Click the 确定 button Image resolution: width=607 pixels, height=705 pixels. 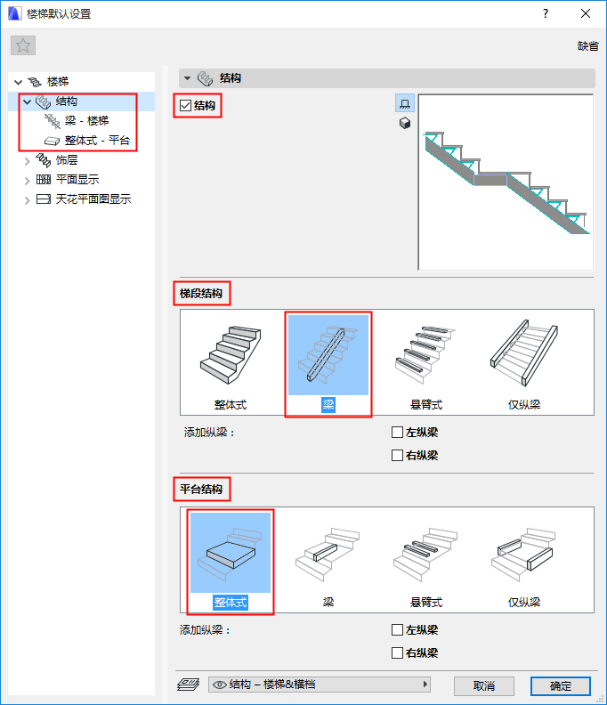click(560, 685)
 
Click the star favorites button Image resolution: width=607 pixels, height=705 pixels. click(23, 45)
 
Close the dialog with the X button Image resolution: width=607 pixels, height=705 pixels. click(586, 13)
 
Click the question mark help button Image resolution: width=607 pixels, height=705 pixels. click(546, 13)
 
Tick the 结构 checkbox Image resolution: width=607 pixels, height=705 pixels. click(185, 106)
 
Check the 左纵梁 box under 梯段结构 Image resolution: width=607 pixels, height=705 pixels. click(397, 432)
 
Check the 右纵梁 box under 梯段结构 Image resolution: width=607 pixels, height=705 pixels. click(397, 456)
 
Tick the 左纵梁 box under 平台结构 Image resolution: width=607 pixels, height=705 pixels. click(397, 629)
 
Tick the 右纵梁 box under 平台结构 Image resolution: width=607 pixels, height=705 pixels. click(397, 652)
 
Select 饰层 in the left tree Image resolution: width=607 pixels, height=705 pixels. click(67, 160)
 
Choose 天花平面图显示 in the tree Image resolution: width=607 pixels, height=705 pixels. click(93, 199)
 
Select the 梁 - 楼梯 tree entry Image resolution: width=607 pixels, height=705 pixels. click(86, 120)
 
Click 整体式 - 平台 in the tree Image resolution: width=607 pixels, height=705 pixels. click(97, 141)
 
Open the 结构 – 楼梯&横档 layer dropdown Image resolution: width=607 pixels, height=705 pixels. click(320, 685)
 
